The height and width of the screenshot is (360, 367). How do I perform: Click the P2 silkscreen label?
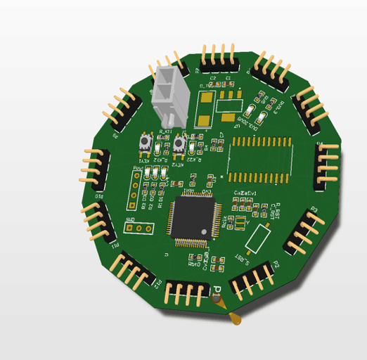pos(276,264)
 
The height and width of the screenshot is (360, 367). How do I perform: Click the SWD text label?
pos(130,220)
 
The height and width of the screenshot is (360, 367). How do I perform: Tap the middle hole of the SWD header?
pos(139,228)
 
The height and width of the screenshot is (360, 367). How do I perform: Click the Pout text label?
pos(139,168)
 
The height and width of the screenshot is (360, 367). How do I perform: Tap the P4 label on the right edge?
pos(319,144)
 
